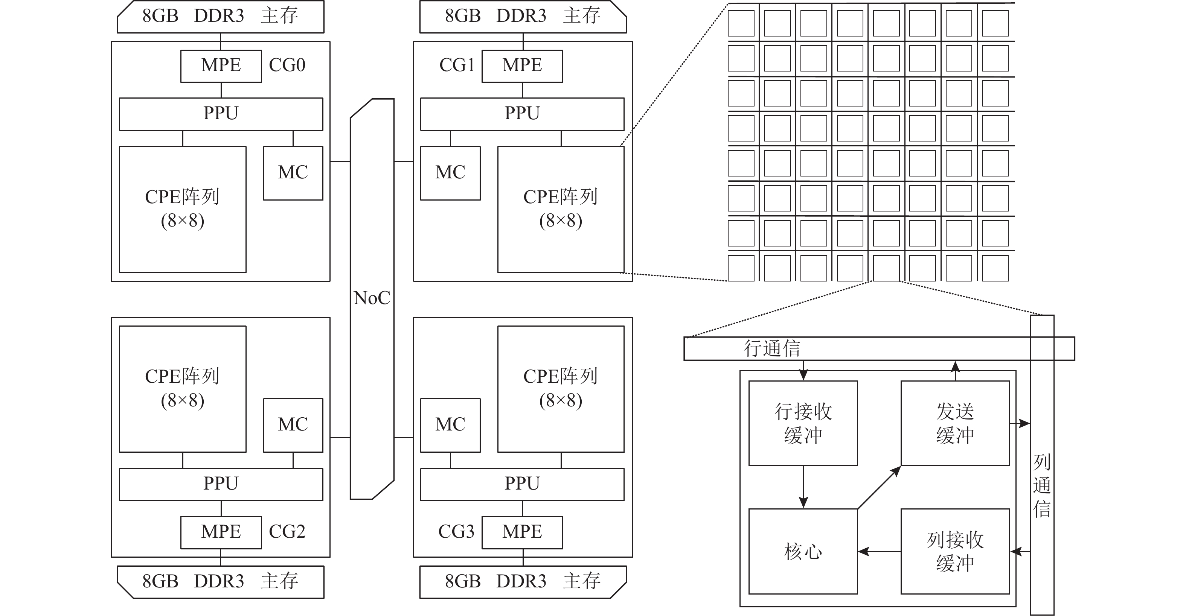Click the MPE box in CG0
click(x=221, y=66)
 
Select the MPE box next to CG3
click(x=522, y=532)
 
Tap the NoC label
click(x=372, y=298)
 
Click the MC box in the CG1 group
click(x=450, y=173)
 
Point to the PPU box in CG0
click(x=221, y=114)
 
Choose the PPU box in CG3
click(x=522, y=484)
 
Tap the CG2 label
click(x=287, y=532)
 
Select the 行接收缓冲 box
click(x=803, y=423)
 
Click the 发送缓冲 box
click(x=955, y=423)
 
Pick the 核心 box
click(x=803, y=551)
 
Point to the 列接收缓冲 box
click(x=955, y=551)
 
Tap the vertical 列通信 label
click(x=1042, y=485)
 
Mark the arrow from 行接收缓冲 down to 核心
click(x=803, y=487)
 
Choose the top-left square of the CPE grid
click(x=741, y=23)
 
